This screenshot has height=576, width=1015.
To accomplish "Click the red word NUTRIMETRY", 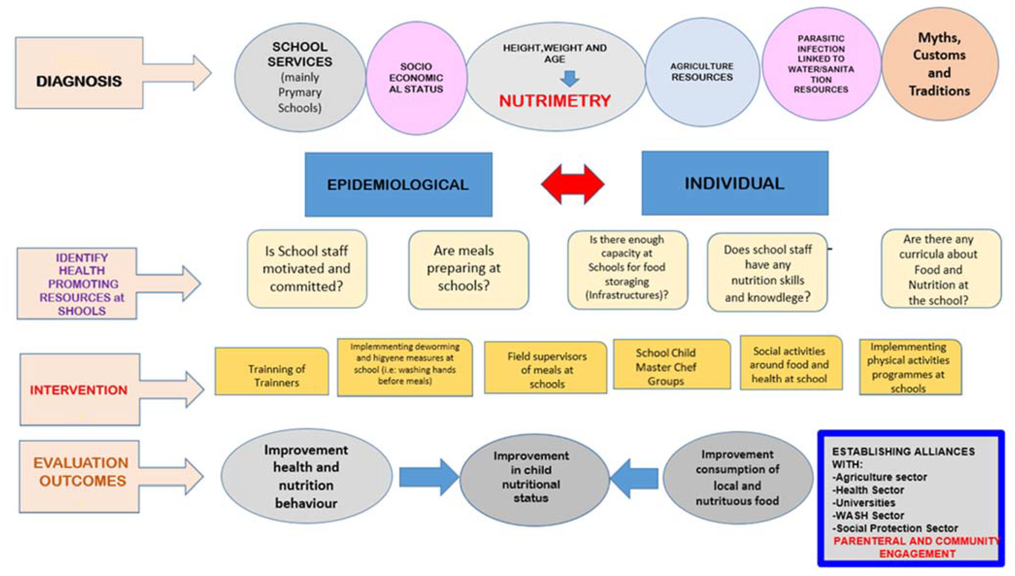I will point(554,101).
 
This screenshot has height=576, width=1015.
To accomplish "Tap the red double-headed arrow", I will point(572,184).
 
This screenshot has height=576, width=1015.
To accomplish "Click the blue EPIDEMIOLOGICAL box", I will point(398,184).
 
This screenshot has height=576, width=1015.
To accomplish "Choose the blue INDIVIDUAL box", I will point(734,183).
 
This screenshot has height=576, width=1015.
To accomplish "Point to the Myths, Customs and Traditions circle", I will point(940,64).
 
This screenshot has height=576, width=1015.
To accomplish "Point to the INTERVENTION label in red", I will point(79,390).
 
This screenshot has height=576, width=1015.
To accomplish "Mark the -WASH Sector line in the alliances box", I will point(868,516).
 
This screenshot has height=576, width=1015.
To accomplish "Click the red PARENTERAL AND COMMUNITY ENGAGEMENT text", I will point(916,547).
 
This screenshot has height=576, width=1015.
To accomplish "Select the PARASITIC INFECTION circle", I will point(821,64).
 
